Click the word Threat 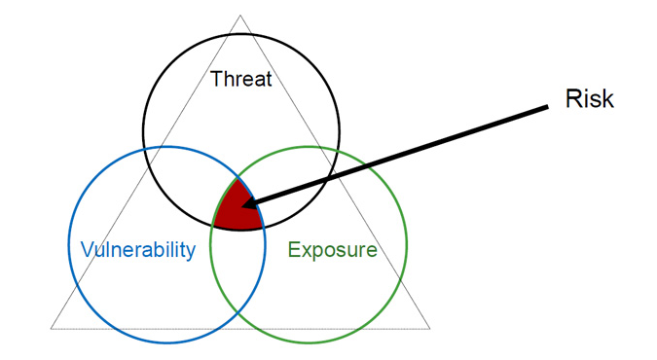coord(241,79)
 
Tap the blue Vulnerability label coord(138,250)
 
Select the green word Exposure coord(332,250)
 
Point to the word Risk coord(590,99)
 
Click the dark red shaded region coord(237,207)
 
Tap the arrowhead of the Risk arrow coord(249,203)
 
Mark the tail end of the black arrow coord(548,107)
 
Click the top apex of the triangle coord(240,16)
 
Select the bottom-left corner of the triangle coord(52,328)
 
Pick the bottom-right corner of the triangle coord(430,328)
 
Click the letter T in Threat coord(216,79)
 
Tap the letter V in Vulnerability coord(88,249)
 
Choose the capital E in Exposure coord(294,249)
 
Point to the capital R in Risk coord(572,99)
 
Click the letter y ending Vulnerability coord(191,253)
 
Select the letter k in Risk coord(608,99)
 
